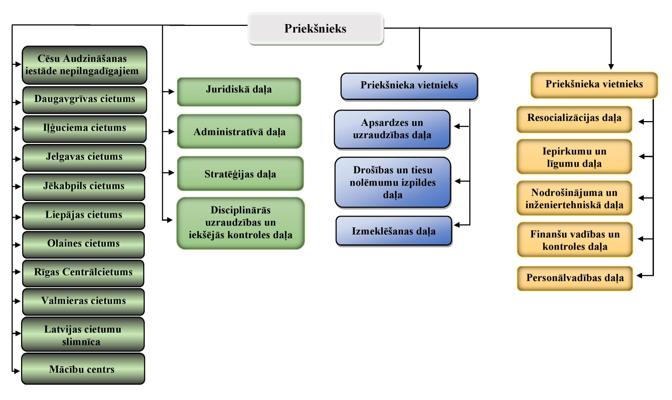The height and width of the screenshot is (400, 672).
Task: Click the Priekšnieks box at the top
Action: coord(315,29)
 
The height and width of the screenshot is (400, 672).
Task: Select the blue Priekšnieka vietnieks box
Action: coord(409,86)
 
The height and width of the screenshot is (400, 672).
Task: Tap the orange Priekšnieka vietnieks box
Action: coord(594,84)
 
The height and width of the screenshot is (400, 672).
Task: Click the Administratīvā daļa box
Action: coord(239,131)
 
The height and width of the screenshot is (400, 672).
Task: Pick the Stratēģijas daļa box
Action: coord(240,174)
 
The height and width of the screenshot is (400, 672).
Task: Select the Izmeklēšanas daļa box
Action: coord(394,231)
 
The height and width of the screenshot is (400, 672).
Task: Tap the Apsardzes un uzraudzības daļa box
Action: coord(392,129)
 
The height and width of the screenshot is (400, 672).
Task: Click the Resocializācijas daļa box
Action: coord(574,119)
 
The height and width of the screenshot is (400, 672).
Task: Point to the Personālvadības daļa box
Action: coord(575,278)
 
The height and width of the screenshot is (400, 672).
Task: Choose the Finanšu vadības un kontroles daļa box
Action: coord(575,240)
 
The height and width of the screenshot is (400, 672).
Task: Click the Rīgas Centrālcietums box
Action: coord(83,273)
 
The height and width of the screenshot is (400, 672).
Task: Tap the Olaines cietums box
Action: coord(83,244)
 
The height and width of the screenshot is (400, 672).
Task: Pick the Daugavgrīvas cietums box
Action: coord(84,100)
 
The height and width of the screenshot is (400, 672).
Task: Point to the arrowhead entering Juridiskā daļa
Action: coord(171,91)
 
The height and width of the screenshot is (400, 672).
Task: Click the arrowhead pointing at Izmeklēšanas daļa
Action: coord(457,225)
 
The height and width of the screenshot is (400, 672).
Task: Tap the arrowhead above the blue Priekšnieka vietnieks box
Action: coord(419,68)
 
